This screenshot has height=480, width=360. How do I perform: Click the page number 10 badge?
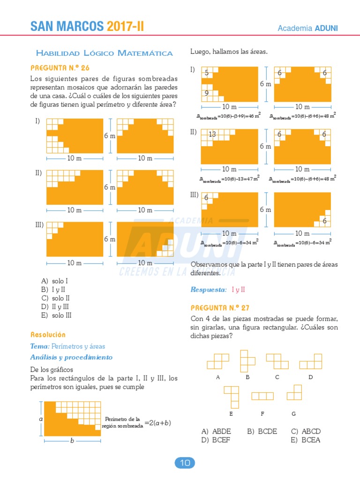(x=185, y=463)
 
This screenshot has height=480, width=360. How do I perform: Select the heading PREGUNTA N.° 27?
(x=220, y=307)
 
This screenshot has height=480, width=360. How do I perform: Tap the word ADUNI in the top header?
(x=326, y=28)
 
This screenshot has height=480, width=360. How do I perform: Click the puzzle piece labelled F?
(x=262, y=396)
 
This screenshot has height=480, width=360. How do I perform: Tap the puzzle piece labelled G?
(x=294, y=392)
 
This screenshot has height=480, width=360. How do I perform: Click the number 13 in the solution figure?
(x=212, y=135)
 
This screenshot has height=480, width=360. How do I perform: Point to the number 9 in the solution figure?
(x=206, y=93)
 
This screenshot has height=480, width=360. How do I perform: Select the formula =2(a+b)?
(x=157, y=423)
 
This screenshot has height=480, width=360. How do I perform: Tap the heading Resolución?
(x=48, y=335)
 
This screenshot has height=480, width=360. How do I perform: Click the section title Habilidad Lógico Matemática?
(x=104, y=53)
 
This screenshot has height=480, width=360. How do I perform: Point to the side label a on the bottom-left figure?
(x=41, y=419)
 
